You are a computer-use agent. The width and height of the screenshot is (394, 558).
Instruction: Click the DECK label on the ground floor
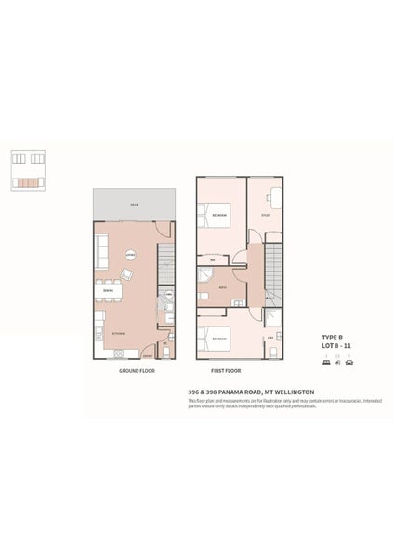coord(134,204)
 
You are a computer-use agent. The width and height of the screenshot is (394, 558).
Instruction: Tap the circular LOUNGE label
coord(132,254)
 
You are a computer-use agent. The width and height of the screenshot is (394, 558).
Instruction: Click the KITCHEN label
coord(118,332)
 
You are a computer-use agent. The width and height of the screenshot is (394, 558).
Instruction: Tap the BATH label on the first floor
coord(222,288)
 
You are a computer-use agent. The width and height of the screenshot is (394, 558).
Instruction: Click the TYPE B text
coord(333,337)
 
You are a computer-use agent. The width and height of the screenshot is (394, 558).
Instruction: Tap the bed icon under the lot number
coord(325,362)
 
